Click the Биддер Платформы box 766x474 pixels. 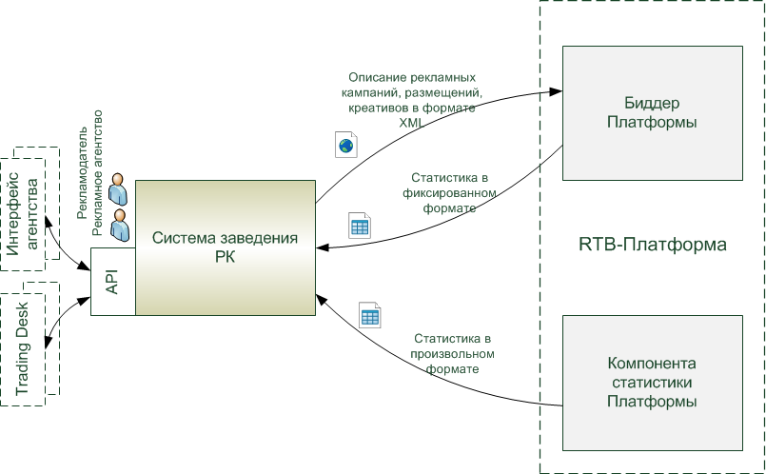(x=651, y=112)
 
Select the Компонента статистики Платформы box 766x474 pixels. (x=651, y=382)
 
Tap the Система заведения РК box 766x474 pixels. (x=225, y=247)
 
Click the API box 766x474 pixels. (x=112, y=281)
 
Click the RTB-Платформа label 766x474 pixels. (x=652, y=245)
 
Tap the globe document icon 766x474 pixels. (x=344, y=145)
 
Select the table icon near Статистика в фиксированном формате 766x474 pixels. (x=359, y=227)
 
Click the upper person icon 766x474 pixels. (x=119, y=190)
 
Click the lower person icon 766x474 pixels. (x=119, y=225)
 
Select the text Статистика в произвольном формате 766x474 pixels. (x=452, y=352)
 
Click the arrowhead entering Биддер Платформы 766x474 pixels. (x=555, y=92)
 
